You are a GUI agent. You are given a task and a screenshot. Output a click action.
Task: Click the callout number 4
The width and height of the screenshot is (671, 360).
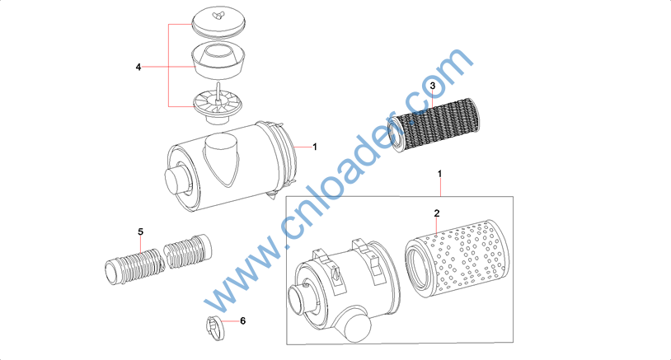click(138, 67)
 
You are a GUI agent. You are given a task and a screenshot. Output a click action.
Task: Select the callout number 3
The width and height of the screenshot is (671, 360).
click(432, 86)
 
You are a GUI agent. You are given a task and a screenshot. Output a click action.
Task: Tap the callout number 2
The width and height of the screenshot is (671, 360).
click(437, 213)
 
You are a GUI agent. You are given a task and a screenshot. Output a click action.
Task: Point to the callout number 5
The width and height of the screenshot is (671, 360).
click(140, 231)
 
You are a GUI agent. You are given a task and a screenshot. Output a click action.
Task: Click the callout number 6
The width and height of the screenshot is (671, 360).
click(242, 320)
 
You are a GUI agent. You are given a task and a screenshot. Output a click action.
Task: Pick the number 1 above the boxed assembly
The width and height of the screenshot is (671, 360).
click(439, 174)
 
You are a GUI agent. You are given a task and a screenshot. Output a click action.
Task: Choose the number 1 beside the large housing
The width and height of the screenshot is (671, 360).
click(315, 147)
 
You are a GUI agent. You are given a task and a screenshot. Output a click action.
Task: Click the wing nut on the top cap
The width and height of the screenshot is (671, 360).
click(218, 16)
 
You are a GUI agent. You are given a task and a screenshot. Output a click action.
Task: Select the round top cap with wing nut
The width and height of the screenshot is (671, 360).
click(218, 24)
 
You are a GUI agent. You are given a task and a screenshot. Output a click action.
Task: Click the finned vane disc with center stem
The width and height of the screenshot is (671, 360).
click(218, 105)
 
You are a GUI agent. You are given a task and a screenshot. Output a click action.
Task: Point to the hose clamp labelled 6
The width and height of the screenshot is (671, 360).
click(216, 328)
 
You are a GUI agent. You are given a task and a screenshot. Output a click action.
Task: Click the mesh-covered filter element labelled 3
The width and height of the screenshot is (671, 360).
click(434, 125)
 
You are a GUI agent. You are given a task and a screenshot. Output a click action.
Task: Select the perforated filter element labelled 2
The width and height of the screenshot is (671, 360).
click(457, 259)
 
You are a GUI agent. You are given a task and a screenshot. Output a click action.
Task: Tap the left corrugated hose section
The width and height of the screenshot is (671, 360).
click(135, 266)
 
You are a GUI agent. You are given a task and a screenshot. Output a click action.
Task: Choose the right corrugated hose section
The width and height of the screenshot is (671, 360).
click(188, 251)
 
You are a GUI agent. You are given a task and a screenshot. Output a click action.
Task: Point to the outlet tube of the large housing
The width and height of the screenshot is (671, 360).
click(178, 180)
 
